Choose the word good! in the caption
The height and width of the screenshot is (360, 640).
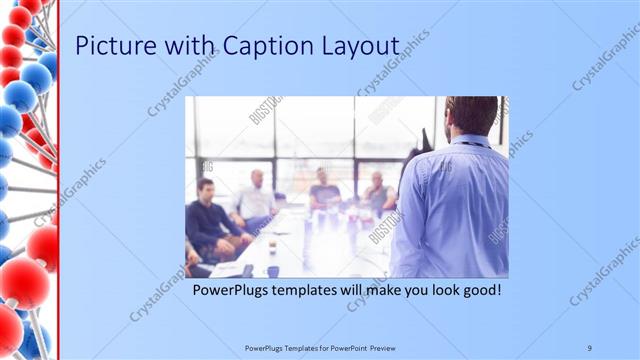(x=478, y=291)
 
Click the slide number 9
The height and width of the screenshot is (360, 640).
(x=590, y=347)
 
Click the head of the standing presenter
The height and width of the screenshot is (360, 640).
(x=471, y=116)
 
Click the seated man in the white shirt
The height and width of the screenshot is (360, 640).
(x=256, y=200)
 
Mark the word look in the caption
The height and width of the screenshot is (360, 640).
(x=439, y=291)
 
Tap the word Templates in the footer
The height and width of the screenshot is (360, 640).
(x=297, y=347)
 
